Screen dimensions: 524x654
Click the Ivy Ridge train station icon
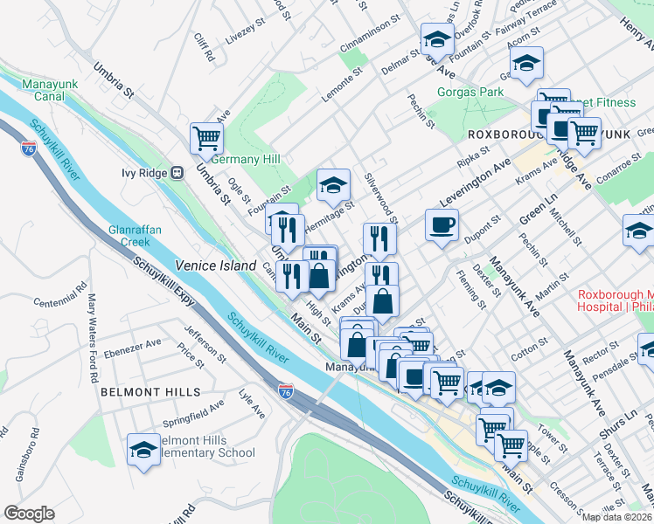point(177,172)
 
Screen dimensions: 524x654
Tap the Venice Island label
point(215,265)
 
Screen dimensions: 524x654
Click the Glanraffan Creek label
point(132,236)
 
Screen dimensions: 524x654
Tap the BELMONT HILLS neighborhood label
point(150,393)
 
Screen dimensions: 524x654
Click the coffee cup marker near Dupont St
point(442,224)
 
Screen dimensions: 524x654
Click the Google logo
point(29,514)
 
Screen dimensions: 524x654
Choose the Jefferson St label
point(204,344)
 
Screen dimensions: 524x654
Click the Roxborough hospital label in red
point(615,300)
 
